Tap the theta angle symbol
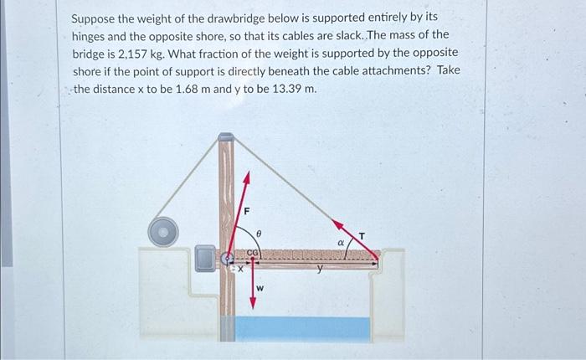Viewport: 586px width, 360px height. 259,235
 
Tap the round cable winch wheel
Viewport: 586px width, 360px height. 163,231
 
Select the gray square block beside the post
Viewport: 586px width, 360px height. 205,258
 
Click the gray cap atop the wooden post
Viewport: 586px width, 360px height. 226,136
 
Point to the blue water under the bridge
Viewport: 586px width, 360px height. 301,328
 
